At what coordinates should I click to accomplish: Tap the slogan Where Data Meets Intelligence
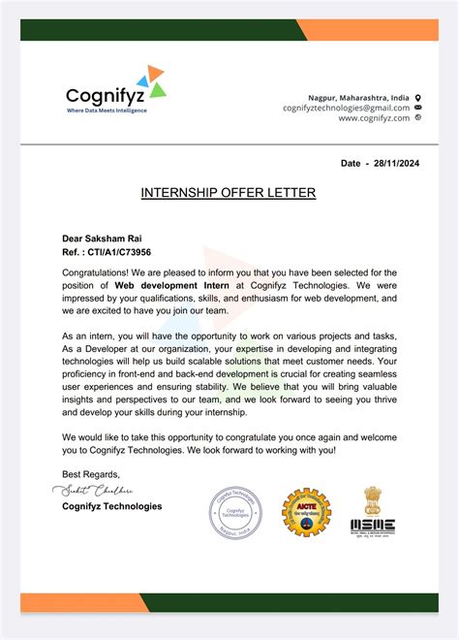107,112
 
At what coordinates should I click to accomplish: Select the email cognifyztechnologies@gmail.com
346,108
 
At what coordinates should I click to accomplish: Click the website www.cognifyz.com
374,117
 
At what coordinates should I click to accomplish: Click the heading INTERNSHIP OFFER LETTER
229,193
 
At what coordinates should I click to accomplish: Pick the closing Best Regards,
91,474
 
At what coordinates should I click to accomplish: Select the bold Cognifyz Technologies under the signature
112,506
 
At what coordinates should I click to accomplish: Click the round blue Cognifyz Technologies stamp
236,514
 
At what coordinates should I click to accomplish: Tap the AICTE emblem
305,514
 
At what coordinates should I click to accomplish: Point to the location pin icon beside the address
418,98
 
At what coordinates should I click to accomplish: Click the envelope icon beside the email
418,108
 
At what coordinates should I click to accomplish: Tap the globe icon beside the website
418,117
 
